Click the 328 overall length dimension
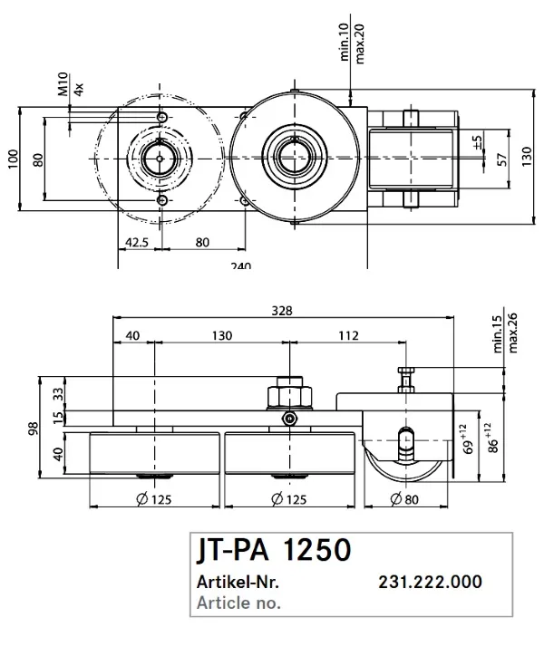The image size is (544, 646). pos(282,311)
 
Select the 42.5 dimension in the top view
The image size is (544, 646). pos(137,242)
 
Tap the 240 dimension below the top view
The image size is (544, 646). pos(240,265)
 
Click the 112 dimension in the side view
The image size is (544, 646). pos(347,335)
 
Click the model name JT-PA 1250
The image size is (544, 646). pos(272,551)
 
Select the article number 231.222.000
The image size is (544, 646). pos(429,583)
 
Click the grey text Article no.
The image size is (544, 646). pos(238,602)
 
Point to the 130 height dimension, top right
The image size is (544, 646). pos(527,156)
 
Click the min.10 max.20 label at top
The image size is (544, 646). pos(352,41)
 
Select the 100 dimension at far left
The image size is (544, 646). pos(13,159)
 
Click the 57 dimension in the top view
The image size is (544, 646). pos(501,159)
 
